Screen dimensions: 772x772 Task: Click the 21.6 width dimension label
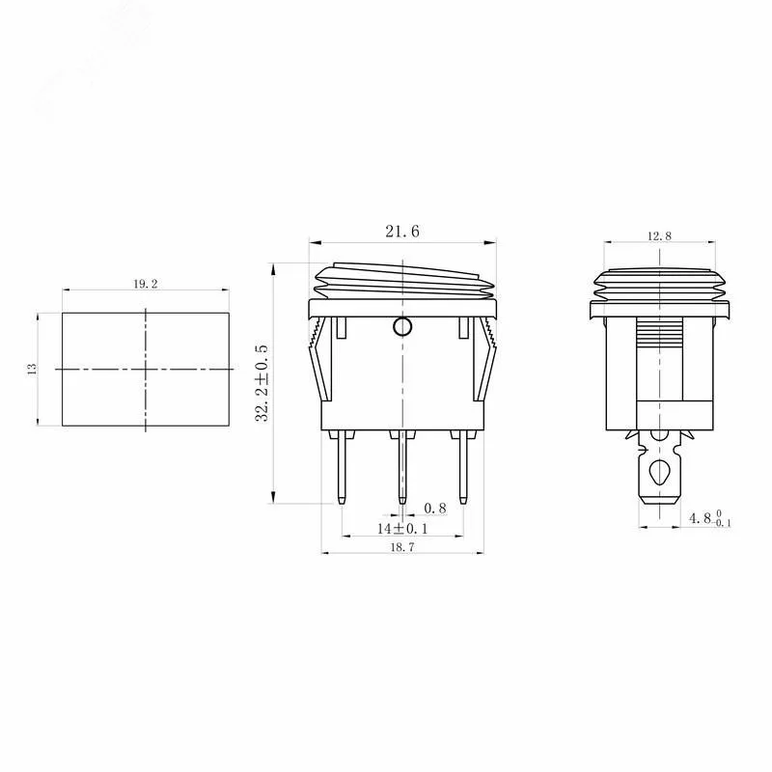[402, 232]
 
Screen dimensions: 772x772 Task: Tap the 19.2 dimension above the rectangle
[146, 284]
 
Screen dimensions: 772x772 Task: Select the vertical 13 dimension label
[32, 369]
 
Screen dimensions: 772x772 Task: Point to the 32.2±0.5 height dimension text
[262, 383]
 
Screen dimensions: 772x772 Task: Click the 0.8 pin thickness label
[435, 509]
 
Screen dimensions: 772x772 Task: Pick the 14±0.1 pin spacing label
[402, 529]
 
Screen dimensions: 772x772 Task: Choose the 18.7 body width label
[402, 546]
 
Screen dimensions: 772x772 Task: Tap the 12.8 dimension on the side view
[659, 236]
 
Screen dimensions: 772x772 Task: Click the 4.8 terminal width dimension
[709, 518]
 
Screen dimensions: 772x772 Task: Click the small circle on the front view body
[402, 326]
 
